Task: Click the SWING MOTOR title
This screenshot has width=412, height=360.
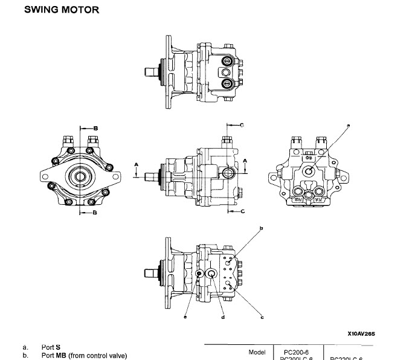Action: (61, 10)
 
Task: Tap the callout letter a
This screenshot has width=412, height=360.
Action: (349, 124)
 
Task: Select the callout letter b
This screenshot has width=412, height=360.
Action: (261, 228)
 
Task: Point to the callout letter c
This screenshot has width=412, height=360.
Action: (262, 317)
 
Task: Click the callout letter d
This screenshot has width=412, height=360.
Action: (224, 317)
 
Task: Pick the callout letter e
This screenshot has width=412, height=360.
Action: (185, 317)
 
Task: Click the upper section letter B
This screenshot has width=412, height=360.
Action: (95, 128)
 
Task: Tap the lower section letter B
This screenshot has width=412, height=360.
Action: (95, 219)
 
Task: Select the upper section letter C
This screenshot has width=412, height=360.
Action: (241, 125)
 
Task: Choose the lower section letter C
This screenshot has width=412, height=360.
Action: (242, 211)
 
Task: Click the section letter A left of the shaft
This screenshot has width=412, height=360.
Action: (137, 164)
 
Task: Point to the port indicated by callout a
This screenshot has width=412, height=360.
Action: (309, 171)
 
